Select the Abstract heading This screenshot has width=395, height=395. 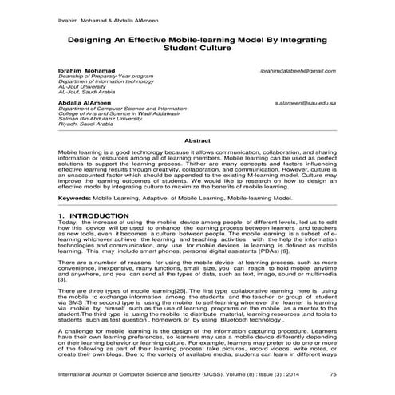197,140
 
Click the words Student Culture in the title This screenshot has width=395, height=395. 197,49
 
